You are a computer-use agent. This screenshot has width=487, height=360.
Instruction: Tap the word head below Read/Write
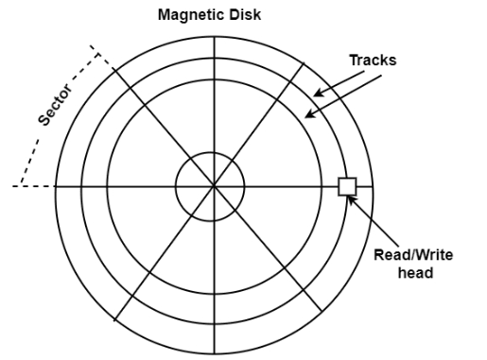coord(414,273)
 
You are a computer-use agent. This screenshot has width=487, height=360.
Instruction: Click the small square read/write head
coord(347,186)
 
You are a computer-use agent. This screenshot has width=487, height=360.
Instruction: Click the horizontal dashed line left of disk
coord(33,186)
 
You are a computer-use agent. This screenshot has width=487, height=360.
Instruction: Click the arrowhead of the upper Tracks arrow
coord(317,93)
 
